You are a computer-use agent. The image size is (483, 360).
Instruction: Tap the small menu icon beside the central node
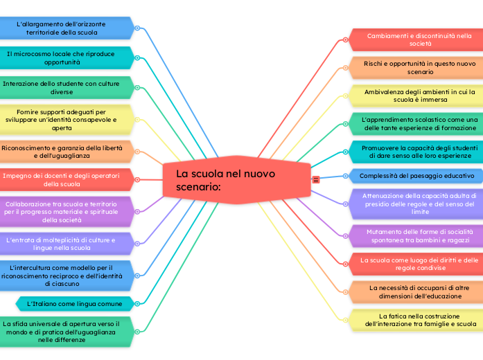coord(315,179)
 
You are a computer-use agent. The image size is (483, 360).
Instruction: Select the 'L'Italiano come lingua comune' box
coord(73,303)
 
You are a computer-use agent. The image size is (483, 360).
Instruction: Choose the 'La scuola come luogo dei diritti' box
coord(414,264)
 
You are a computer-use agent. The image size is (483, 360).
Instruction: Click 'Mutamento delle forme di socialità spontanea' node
coord(414,235)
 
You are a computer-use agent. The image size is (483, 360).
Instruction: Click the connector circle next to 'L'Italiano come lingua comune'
coord(138,303)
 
